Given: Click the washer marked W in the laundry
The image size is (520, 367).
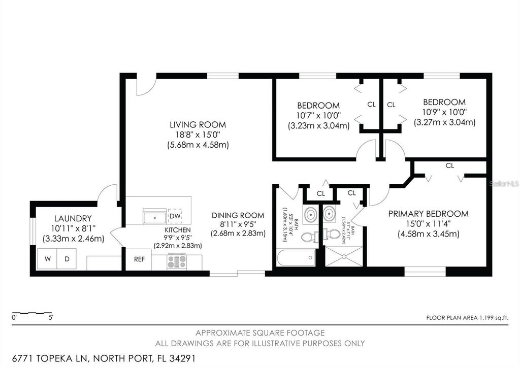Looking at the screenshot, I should (47, 259).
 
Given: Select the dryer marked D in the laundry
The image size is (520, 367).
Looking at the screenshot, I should (67, 259).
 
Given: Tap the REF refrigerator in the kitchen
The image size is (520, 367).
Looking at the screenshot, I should (139, 259).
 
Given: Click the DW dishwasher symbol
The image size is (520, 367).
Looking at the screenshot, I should (175, 217).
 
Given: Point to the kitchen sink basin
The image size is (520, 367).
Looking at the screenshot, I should (154, 217).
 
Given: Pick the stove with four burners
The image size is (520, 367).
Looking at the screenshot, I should (176, 262).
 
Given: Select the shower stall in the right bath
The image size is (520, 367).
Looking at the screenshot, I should (344, 256).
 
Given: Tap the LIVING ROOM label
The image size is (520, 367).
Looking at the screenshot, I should (198, 124).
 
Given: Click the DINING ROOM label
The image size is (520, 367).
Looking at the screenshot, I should (238, 215).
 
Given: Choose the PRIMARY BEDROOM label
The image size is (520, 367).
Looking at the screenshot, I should (428, 214).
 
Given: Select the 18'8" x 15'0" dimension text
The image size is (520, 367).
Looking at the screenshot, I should (198, 135).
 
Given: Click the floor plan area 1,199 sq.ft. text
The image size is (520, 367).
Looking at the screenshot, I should (467, 318).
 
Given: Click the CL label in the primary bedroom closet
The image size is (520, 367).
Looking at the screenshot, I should (449, 165).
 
